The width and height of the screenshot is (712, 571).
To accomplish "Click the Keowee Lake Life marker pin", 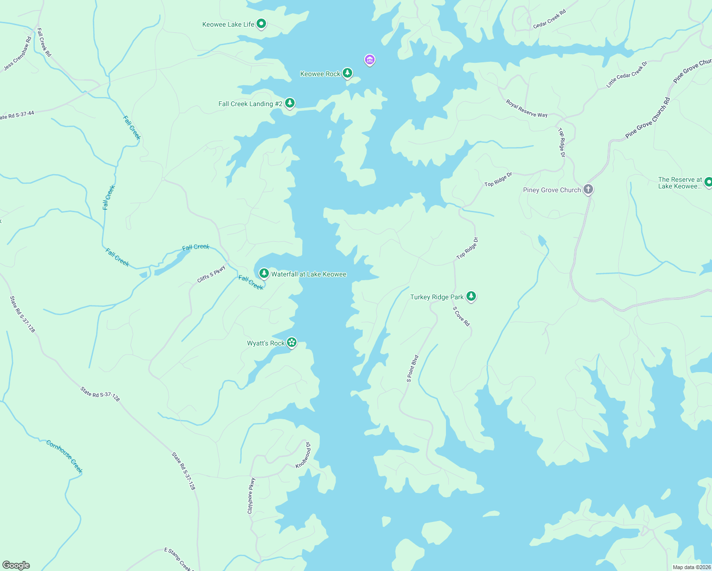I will point(261,24).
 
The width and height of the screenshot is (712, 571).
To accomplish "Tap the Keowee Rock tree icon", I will point(347,73).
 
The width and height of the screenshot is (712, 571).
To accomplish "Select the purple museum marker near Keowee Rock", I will point(370,60).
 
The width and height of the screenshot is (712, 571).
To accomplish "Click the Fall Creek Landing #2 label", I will point(246,104).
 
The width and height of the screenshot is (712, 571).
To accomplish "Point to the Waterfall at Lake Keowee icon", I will point(264,274).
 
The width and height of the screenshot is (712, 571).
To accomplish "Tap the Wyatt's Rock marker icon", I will point(292,343).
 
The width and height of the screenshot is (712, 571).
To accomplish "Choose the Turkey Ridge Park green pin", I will point(471,296).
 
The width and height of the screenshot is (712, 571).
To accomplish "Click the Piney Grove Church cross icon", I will point(588,189).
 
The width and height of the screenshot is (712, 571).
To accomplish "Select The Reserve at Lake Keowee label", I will point(680,183).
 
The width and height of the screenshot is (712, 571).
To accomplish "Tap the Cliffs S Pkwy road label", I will point(211,274).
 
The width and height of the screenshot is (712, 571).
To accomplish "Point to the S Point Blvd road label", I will point(413,369).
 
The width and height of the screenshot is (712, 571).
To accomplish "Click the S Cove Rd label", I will point(461,316).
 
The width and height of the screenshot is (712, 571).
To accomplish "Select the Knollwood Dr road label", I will point(303,455).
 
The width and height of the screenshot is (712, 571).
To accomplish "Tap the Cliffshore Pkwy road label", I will point(251,496).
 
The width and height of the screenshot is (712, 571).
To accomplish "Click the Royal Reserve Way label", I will point(526,108).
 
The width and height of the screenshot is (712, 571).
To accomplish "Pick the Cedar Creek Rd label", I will point(549,19).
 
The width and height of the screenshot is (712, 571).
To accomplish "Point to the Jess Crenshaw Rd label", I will point(18,54).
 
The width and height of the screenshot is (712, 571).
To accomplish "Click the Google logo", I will point(16,565).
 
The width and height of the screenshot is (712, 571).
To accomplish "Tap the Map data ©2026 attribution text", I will point(692,567).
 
